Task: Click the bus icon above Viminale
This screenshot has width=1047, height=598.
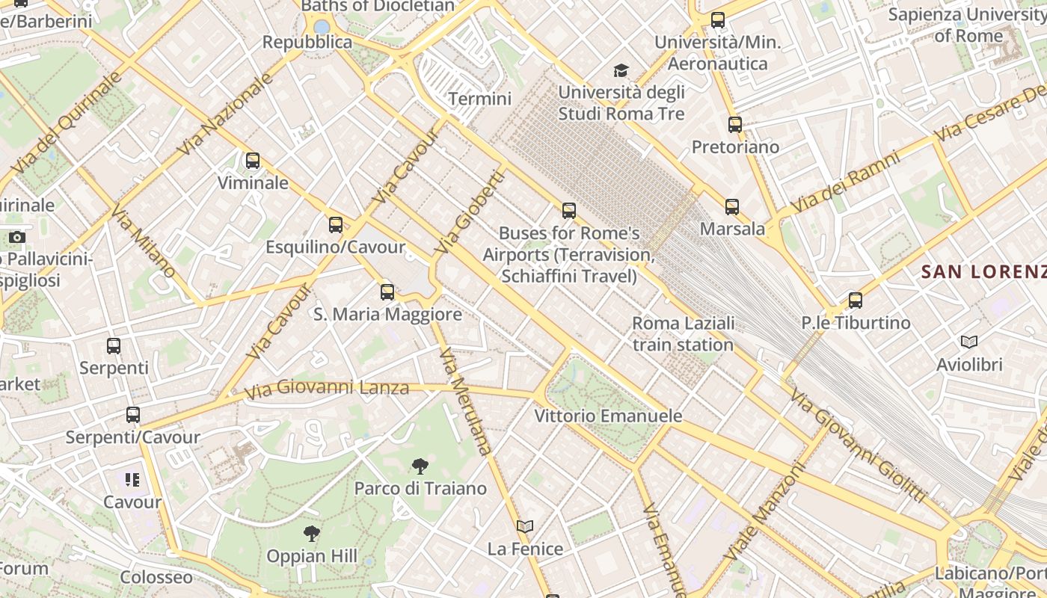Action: tap(253, 161)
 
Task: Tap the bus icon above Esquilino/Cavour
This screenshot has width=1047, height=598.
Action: tap(336, 225)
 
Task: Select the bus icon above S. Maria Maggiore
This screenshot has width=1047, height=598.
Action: tap(387, 292)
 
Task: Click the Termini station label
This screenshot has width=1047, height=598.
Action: tap(479, 99)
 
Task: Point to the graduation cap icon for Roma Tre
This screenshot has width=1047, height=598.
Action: tap(621, 71)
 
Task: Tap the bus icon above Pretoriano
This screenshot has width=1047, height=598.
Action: tap(735, 125)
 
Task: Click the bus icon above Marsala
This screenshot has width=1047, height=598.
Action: tap(732, 207)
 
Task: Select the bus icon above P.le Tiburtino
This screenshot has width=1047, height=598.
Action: tap(856, 300)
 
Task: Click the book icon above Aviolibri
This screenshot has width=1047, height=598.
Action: tap(969, 342)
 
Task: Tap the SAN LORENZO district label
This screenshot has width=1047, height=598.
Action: tap(983, 271)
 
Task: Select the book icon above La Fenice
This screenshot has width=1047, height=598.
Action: tap(525, 527)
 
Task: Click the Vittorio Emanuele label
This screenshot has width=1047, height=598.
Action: tap(608, 416)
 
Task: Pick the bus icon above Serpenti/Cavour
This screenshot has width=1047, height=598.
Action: tap(133, 415)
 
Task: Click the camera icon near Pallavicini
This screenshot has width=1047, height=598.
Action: tap(16, 238)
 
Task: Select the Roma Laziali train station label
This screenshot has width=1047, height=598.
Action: tap(683, 333)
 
